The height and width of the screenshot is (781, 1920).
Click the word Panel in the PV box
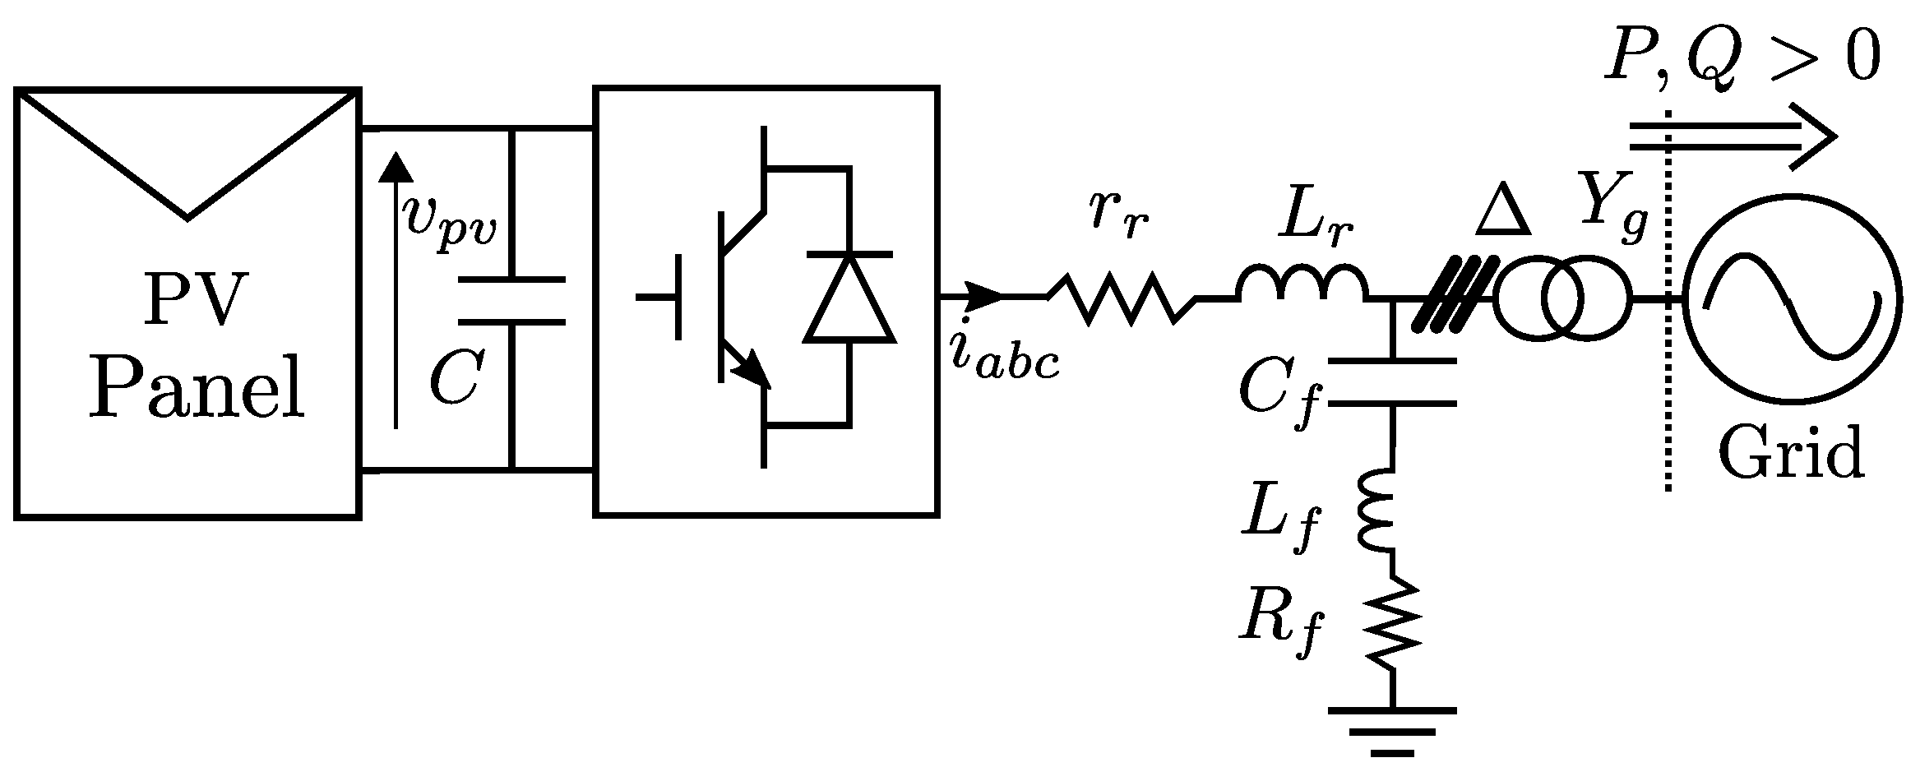197,388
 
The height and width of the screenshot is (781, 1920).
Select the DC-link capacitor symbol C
511,302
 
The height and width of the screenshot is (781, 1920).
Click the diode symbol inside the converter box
849,296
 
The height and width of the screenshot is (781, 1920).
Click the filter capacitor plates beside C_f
1392,382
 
